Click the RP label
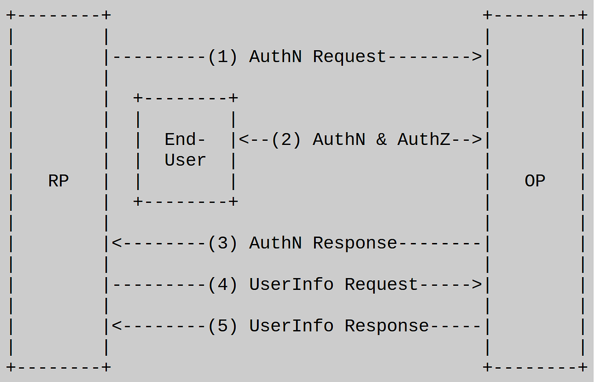[58, 181]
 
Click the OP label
[535, 181]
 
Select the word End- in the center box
[185, 140]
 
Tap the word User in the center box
[185, 160]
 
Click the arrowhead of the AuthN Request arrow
[476, 56]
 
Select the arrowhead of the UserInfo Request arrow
[476, 285]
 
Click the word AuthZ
[423, 140]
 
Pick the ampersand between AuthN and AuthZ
[381, 140]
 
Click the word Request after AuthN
[349, 56]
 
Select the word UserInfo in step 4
[291, 285]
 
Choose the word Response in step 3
[355, 243]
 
